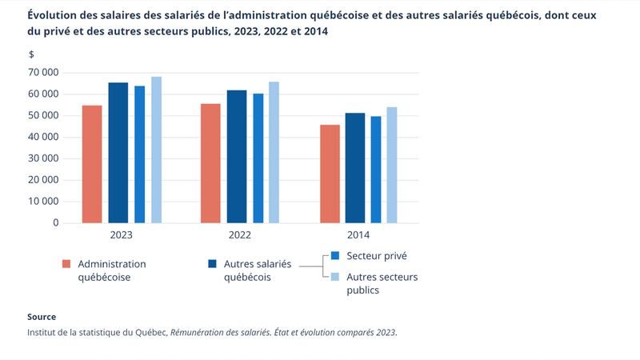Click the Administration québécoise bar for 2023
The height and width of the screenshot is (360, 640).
(92, 164)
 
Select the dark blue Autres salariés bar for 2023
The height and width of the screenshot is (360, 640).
(118, 153)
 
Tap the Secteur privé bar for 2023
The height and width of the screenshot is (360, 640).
(140, 154)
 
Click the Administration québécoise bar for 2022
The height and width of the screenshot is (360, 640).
(210, 163)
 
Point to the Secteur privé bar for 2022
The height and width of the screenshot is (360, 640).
(258, 158)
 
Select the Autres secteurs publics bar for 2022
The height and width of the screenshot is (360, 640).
(274, 152)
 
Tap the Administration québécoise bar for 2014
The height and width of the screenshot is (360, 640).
(329, 174)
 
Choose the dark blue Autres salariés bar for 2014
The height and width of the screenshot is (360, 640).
(355, 168)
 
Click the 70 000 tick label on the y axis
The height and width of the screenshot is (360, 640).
(43, 73)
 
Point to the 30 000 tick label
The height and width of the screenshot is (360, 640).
(43, 158)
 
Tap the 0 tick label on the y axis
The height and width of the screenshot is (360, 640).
(55, 223)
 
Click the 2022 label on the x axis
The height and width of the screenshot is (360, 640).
(239, 236)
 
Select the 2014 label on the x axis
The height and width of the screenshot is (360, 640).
(358, 236)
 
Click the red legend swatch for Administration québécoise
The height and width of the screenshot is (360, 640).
(66, 263)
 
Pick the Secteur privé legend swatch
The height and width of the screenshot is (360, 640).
(336, 256)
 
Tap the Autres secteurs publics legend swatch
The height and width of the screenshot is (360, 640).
(336, 277)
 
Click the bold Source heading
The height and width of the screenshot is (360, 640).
(42, 317)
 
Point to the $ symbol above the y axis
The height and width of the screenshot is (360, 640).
(31, 54)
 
